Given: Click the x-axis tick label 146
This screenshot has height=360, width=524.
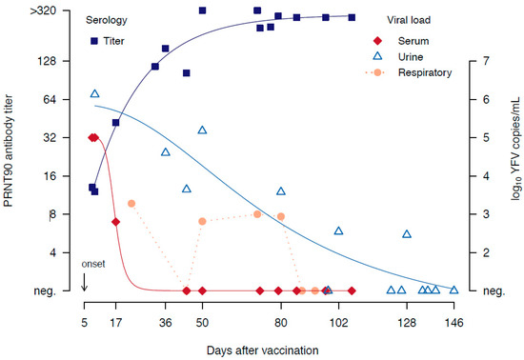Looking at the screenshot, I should point(454,322).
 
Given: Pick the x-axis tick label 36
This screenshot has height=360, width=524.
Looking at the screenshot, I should point(165,322).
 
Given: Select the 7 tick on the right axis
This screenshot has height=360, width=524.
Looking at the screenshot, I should point(485,61).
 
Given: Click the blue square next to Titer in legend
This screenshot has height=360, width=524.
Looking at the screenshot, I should point(94,41).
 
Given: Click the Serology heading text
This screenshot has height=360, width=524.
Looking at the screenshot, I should point(107,19).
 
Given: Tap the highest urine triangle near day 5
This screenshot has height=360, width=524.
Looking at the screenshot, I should point(94,93).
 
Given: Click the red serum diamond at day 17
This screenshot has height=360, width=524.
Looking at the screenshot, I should point(116,222).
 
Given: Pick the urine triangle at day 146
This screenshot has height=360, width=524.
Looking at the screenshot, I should point(453,290).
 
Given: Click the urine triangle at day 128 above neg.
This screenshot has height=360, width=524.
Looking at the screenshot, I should point(407,233).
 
